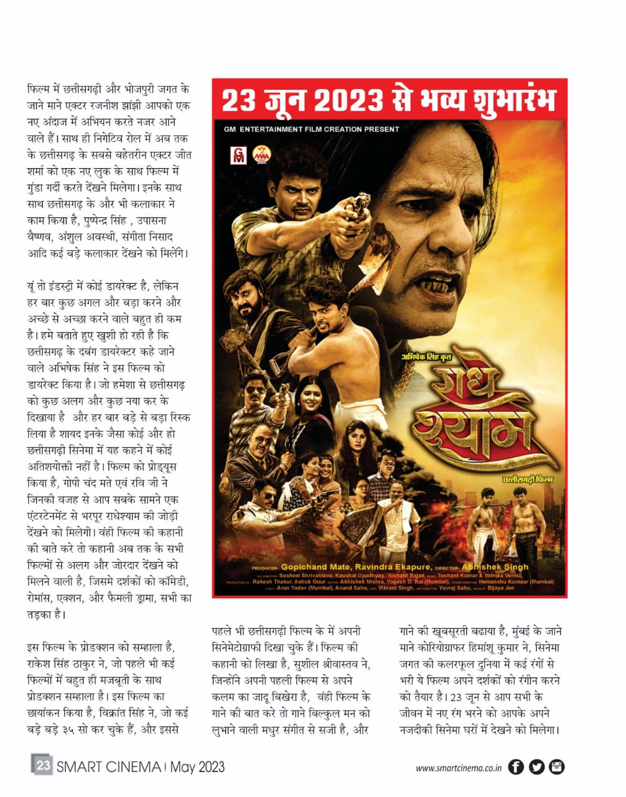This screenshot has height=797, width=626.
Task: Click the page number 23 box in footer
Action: [x=42, y=765]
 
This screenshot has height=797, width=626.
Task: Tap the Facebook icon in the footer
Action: [x=516, y=766]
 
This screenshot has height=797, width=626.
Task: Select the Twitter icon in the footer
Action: [x=536, y=766]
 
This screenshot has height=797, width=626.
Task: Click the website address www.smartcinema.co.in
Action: [x=458, y=767]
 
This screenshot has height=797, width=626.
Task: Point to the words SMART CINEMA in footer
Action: [x=108, y=766]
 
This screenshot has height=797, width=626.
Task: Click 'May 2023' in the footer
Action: [x=197, y=766]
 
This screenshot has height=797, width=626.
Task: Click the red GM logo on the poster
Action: [x=238, y=155]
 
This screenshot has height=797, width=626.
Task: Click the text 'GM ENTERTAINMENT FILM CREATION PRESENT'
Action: [x=311, y=130]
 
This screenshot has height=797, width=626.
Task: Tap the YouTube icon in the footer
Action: [x=556, y=766]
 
